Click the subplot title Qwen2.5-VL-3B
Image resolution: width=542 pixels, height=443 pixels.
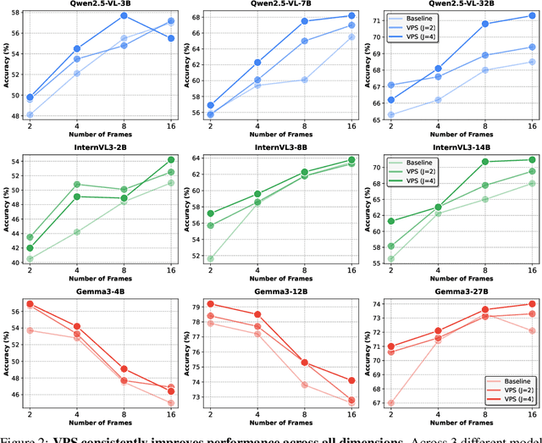pos(100,4)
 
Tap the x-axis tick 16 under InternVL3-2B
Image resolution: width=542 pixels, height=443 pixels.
pos(171,270)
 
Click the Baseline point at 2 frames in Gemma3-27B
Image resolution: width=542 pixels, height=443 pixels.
pos(390,403)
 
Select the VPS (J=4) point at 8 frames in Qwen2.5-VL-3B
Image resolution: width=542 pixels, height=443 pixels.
pos(124,16)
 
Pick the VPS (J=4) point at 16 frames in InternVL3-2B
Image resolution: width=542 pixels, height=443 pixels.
pos(171,159)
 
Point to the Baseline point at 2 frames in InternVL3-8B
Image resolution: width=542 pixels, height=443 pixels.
pos(210,258)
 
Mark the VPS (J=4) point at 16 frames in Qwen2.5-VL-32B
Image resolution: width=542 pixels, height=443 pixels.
pos(532,16)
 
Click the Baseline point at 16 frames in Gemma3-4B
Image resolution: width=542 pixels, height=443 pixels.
pos(171,403)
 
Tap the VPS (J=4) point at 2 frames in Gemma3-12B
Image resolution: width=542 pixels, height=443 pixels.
pos(210,303)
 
